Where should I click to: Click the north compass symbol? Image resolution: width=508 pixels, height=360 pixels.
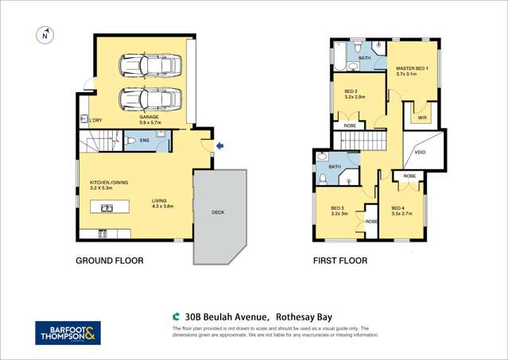point(45,35)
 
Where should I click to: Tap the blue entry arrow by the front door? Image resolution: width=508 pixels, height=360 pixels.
point(220,145)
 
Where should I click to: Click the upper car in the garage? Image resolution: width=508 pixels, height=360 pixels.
point(149,64)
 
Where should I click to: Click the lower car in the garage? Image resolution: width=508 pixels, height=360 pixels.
point(149,99)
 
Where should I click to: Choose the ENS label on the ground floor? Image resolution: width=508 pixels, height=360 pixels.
point(144,141)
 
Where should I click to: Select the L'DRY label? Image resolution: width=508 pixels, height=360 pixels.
point(95,120)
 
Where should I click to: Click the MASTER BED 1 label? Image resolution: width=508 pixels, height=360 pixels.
point(412,69)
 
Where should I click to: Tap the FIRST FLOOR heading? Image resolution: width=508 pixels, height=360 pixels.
point(341,261)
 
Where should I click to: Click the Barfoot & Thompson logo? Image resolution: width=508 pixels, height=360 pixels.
point(68,332)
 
